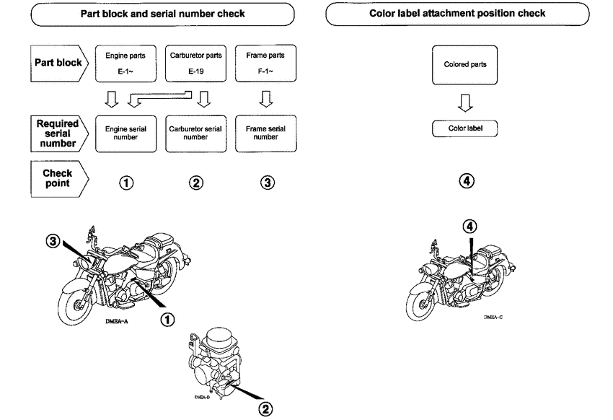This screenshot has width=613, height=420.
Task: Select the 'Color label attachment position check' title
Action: coord(462,14)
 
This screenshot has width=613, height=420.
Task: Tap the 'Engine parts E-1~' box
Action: coord(125,63)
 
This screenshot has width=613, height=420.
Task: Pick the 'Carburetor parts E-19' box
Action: coord(195,63)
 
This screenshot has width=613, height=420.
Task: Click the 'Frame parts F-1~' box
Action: coord(266,63)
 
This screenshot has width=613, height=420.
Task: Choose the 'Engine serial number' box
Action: coord(125,134)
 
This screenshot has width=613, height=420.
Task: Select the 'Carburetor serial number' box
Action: coord(195,134)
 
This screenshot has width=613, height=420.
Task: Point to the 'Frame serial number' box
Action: coord(266,134)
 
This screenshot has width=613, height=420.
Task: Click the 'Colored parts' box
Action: coord(465,65)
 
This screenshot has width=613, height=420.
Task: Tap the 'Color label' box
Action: coord(465,128)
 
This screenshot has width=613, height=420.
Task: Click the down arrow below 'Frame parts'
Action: coord(266,98)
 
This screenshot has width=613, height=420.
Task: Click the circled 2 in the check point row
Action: coord(195,183)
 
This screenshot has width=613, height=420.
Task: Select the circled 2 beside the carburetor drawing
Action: coord(266,409)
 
